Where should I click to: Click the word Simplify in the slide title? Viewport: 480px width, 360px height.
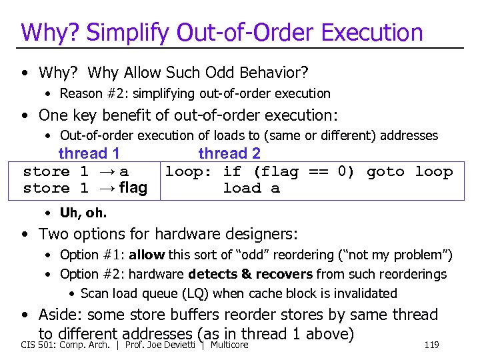pyautogui.click(x=126, y=32)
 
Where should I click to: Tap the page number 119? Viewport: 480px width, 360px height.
pyautogui.click(x=431, y=345)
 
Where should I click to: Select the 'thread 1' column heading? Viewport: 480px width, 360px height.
pyautogui.click(x=89, y=153)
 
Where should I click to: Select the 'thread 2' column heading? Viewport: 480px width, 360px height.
pyautogui.click(x=229, y=153)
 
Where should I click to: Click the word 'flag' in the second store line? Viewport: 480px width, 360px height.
pyautogui.click(x=132, y=188)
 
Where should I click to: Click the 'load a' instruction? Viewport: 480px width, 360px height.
pyautogui.click(x=251, y=188)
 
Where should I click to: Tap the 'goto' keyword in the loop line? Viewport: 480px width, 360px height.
pyautogui.click(x=385, y=171)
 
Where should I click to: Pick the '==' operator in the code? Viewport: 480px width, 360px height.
pyautogui.click(x=318, y=171)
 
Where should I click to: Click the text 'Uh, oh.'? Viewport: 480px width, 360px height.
pyautogui.click(x=83, y=213)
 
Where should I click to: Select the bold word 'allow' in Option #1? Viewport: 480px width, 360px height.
pyautogui.click(x=147, y=255)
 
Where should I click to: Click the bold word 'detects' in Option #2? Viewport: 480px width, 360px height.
pyautogui.click(x=213, y=274)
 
